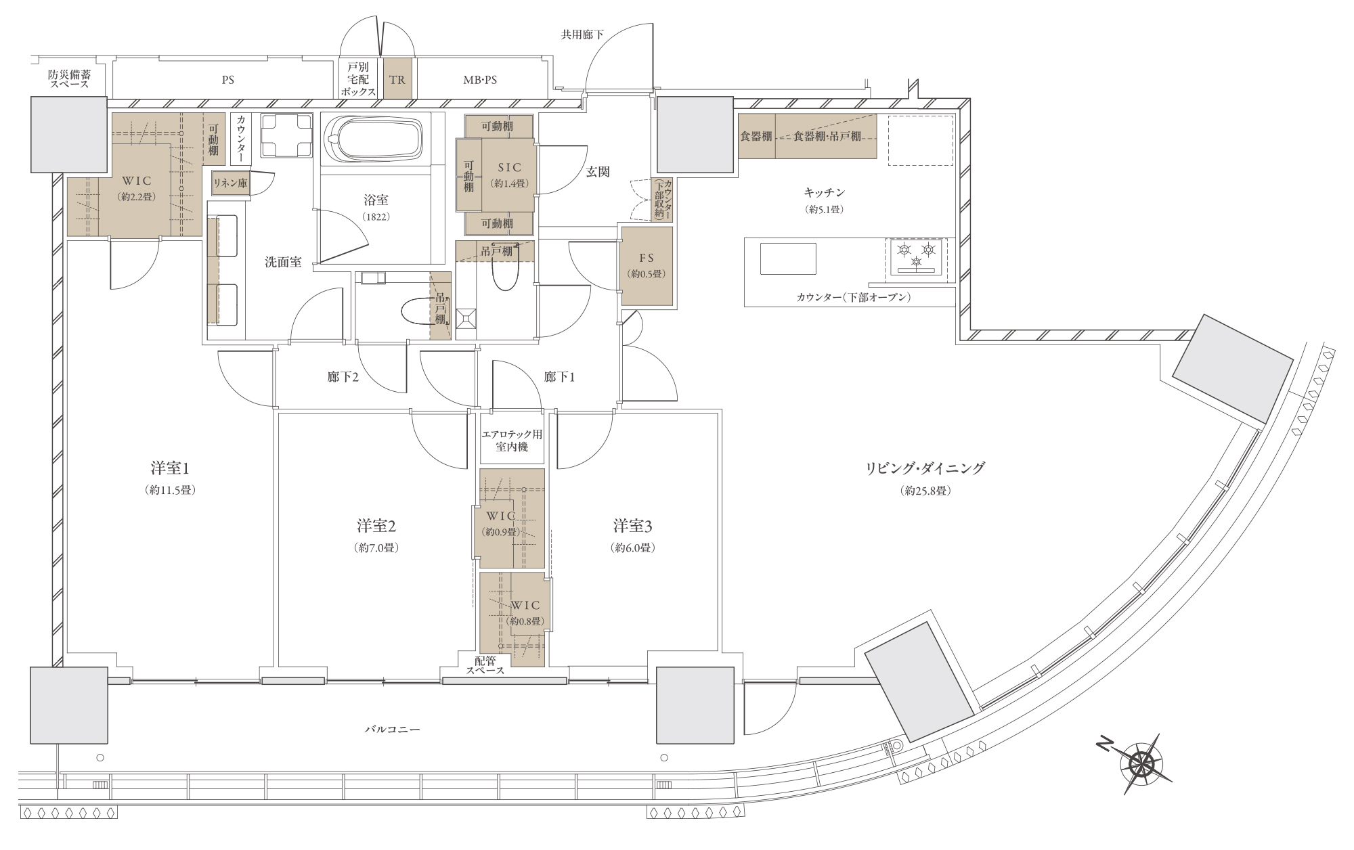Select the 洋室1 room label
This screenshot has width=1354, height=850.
pyautogui.click(x=170, y=468)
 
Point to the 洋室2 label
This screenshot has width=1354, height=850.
pyautogui.click(x=376, y=526)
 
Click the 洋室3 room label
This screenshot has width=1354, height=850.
pyautogui.click(x=633, y=526)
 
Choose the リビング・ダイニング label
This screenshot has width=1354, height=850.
pyautogui.click(x=925, y=468)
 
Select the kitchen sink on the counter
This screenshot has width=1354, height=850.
pyautogui.click(x=788, y=259)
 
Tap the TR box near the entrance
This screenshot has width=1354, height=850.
pyautogui.click(x=397, y=79)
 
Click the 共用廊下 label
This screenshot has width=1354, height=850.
pyautogui.click(x=582, y=34)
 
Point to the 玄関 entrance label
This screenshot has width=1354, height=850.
pyautogui.click(x=598, y=172)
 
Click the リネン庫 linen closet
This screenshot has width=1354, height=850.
pyautogui.click(x=230, y=183)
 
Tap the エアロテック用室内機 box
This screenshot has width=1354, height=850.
pyautogui.click(x=512, y=441)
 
